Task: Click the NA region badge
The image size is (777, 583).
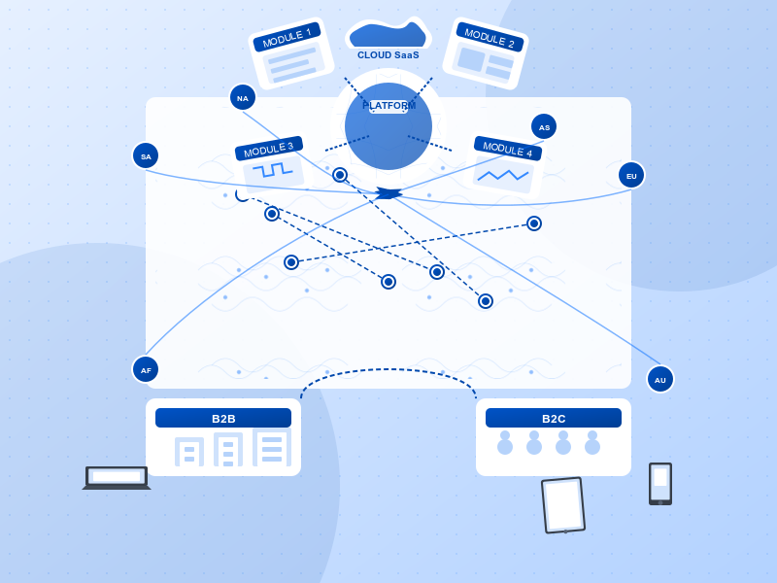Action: coord(243,97)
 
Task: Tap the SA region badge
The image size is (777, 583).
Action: coord(146,155)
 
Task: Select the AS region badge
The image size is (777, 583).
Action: coord(544,126)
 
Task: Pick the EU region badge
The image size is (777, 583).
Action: coord(631,175)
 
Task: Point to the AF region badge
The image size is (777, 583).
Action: coord(146,369)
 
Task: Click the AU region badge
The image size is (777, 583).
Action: coord(660,379)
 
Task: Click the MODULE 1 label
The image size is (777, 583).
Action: coord(287,37)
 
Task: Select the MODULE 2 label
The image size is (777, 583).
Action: coord(490,37)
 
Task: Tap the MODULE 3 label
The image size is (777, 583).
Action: coord(268,149)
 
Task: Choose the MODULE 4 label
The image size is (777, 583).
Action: coord(507,149)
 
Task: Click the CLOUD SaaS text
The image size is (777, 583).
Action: coord(388,55)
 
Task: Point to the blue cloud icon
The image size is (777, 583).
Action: coord(388,34)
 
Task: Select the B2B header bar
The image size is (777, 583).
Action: coord(223,418)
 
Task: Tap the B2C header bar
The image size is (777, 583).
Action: coord(554,418)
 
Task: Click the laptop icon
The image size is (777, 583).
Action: coord(117,477)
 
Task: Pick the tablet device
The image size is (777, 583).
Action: coord(563,505)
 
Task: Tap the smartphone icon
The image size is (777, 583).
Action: coord(660,483)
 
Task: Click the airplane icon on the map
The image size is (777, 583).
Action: coord(388,193)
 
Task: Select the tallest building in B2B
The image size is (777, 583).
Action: coord(272,447)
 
